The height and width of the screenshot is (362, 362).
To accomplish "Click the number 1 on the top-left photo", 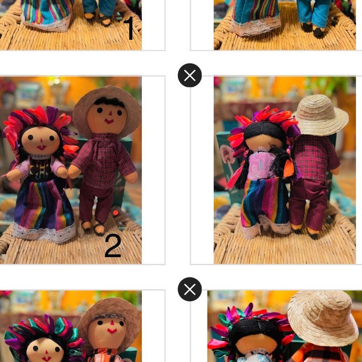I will tap(129, 29).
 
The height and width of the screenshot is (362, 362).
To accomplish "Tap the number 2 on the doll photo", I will tap(113, 246).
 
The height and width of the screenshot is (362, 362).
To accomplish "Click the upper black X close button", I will tap(189, 75).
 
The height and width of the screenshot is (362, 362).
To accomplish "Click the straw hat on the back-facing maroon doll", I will tap(320, 115).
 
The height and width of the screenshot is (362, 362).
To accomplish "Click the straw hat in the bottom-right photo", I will tap(322, 317).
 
